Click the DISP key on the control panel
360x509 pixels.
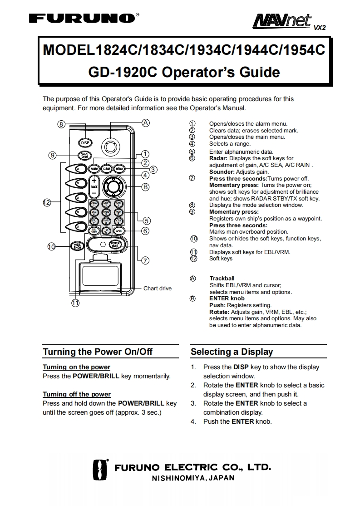(x=85, y=143)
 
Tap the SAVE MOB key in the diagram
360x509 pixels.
(x=85, y=155)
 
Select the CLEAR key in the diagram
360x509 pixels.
(x=107, y=169)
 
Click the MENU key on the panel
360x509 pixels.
(x=119, y=169)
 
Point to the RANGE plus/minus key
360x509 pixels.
(x=94, y=186)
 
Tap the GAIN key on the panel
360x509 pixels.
(x=119, y=231)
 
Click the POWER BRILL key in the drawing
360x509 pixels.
(x=115, y=244)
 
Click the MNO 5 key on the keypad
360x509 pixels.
(x=106, y=212)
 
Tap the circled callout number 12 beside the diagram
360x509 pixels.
(x=47, y=202)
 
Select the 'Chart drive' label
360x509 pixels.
(x=157, y=289)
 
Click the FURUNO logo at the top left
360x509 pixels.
(x=82, y=19)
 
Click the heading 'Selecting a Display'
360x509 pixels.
(x=232, y=352)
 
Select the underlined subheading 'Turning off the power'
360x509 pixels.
(x=76, y=394)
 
